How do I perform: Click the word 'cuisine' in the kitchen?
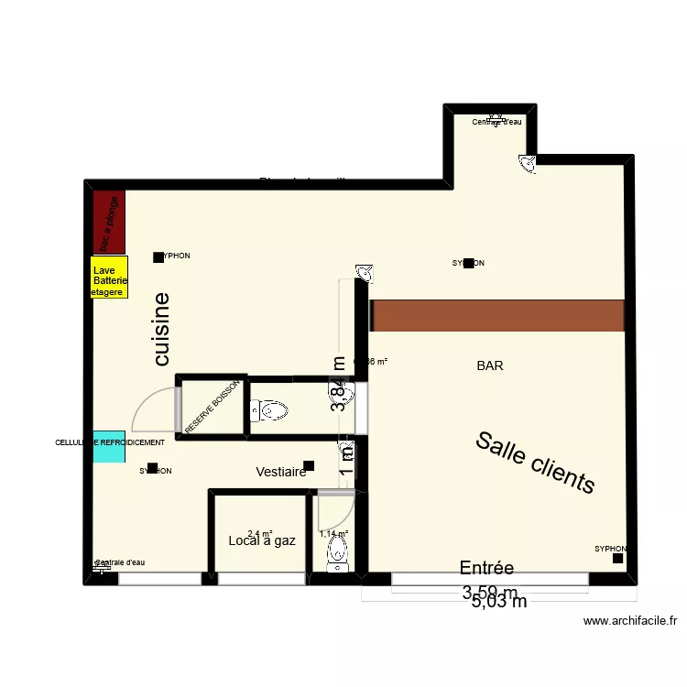click(x=162, y=329)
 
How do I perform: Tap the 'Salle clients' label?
click(x=535, y=462)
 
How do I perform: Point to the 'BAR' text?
click(x=490, y=365)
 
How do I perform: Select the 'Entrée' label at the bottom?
click(x=486, y=568)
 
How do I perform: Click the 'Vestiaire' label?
click(x=281, y=472)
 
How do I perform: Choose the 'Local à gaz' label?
click(x=262, y=540)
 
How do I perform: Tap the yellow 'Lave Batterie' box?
click(x=110, y=277)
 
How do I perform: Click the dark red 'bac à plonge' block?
click(x=108, y=223)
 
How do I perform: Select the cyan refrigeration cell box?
click(x=109, y=446)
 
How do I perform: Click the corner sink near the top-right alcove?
click(x=528, y=163)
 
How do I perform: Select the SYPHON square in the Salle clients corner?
click(x=618, y=557)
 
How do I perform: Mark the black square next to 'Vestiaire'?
click(x=309, y=465)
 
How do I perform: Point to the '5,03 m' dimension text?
click(x=499, y=602)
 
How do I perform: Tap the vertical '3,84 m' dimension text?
click(x=340, y=385)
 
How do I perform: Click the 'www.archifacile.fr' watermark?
click(x=630, y=621)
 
